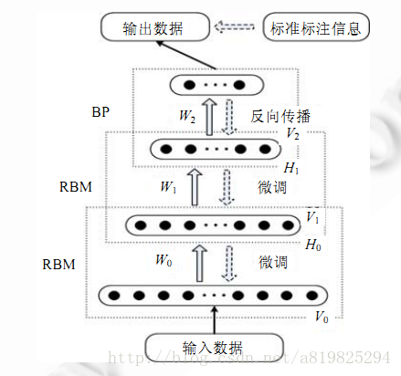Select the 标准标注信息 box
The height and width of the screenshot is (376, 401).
[x=314, y=28]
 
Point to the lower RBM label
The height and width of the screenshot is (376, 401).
[x=60, y=265]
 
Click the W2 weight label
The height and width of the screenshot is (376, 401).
[x=188, y=117]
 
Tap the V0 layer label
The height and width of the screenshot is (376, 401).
[x=321, y=317]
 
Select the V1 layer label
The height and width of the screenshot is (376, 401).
[x=313, y=219]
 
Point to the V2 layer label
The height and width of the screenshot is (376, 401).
[x=292, y=134]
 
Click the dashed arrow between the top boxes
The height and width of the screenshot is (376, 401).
[x=238, y=28]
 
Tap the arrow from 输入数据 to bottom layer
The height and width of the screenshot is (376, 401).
[x=216, y=320]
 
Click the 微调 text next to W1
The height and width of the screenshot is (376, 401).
[x=272, y=187]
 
